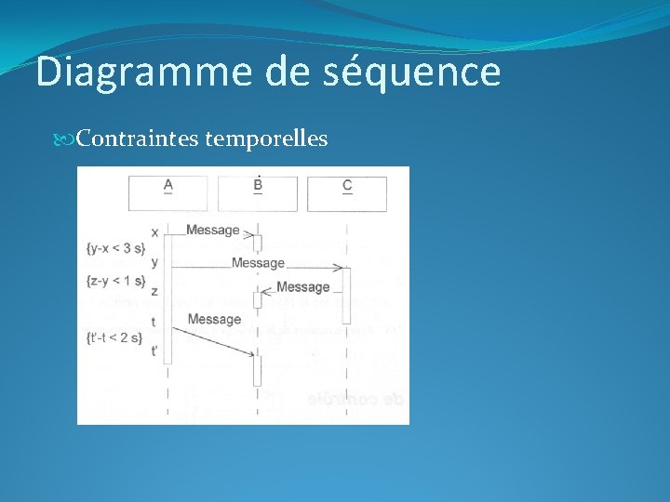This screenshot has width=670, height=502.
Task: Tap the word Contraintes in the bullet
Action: [138, 139]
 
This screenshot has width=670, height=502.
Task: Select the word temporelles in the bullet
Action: [266, 139]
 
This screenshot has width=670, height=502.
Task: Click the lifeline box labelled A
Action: [168, 193]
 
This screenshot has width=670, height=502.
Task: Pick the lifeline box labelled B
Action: [258, 193]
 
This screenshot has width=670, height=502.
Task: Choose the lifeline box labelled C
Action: [347, 193]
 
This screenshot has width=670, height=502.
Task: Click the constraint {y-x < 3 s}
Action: [115, 248]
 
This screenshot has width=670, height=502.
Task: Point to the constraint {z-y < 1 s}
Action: [115, 281]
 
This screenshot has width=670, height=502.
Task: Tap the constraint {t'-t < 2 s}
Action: [114, 337]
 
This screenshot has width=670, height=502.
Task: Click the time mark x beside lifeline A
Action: [154, 231]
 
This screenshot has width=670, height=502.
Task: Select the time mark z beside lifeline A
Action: [154, 292]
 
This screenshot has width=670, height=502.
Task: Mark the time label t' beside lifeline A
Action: [154, 350]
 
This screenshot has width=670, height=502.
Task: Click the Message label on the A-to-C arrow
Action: [258, 263]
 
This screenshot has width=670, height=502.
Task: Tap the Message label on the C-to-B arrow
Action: [302, 287]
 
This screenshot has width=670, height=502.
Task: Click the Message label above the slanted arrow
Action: [214, 320]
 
